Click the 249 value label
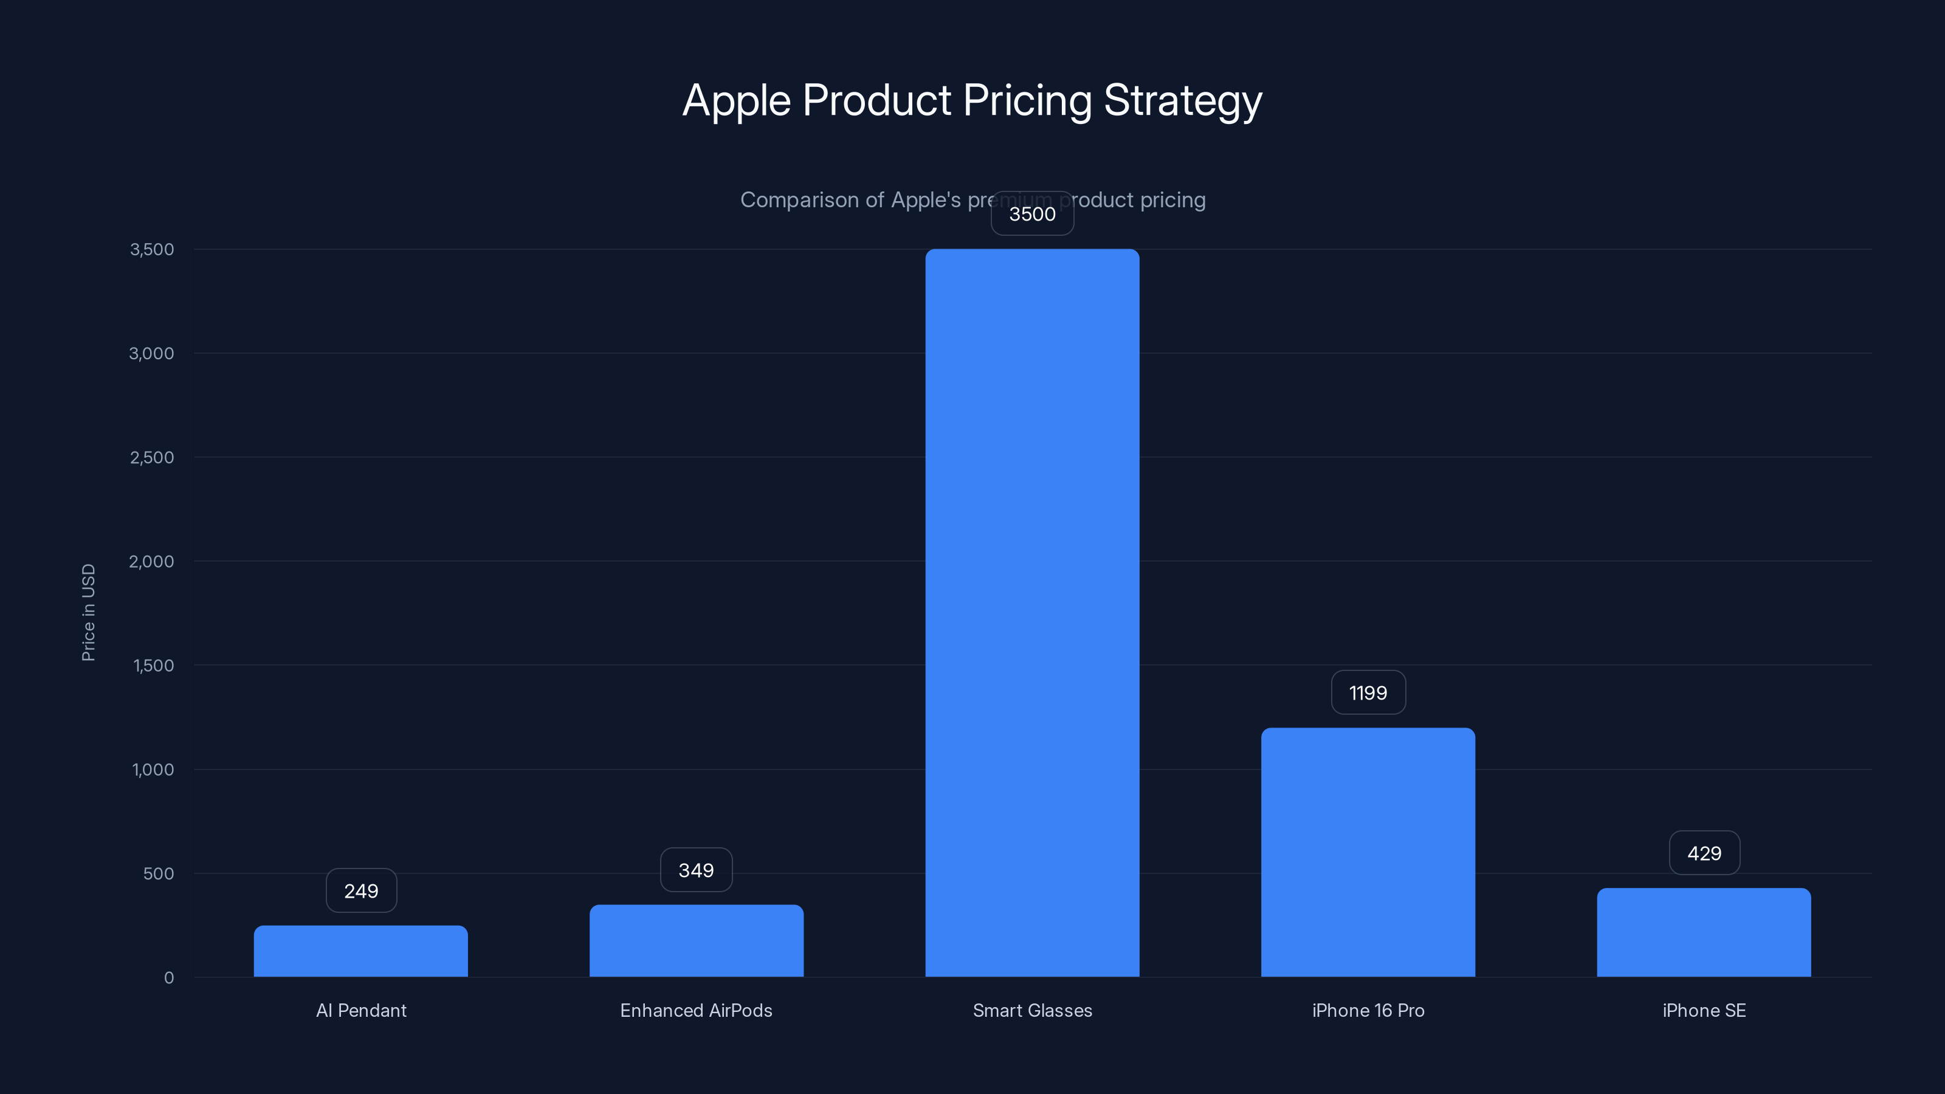point(361,891)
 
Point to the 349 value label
point(696,870)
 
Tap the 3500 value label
point(1032,214)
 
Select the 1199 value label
point(1368,692)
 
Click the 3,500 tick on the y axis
point(152,249)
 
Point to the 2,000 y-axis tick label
point(152,561)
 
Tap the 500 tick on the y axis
point(159,873)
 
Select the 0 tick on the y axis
point(168,978)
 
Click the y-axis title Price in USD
point(88,612)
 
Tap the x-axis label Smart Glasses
point(1032,1010)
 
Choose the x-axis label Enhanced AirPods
point(696,1010)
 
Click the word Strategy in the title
point(1182,101)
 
